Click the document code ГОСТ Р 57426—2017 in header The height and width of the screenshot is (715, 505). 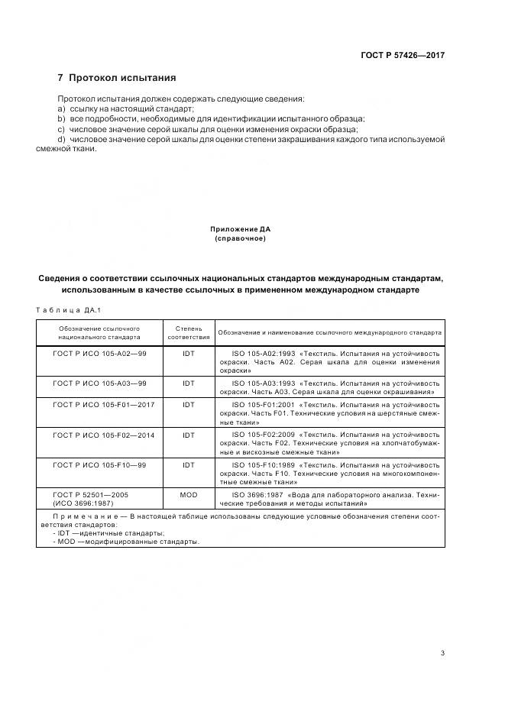tap(403, 55)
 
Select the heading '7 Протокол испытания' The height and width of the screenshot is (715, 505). tap(117, 78)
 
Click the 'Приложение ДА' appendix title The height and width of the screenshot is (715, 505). tap(240, 229)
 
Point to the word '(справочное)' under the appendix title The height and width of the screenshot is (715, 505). tap(240, 238)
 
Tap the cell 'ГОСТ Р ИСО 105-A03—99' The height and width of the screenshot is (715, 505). tap(99, 383)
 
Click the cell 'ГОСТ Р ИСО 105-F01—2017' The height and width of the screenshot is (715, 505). tap(103, 404)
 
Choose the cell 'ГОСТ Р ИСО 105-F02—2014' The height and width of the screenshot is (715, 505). tap(103, 434)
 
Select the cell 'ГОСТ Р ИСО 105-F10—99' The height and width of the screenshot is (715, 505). tap(99, 464)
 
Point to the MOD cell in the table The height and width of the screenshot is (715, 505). tap(188, 495)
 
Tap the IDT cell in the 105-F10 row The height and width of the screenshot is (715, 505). tap(188, 464)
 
